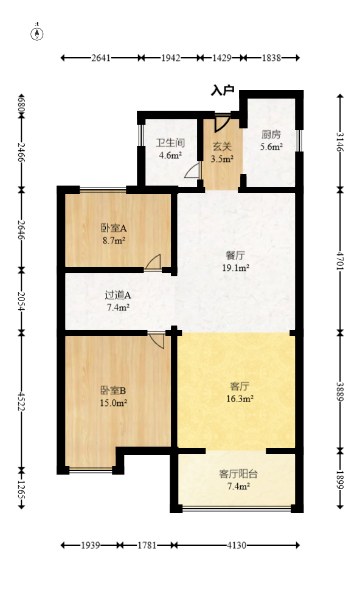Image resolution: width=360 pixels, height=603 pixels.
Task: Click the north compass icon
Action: [38, 33]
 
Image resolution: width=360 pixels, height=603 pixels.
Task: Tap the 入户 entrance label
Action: [222, 91]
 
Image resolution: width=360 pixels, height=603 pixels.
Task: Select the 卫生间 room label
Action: [170, 144]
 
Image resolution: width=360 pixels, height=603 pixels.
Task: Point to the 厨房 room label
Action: [271, 134]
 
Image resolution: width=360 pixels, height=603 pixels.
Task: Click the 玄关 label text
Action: [222, 147]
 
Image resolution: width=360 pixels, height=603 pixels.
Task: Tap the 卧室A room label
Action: [114, 229]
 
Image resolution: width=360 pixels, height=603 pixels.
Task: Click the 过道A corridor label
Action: [118, 295]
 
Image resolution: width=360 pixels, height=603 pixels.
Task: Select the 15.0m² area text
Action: [114, 402]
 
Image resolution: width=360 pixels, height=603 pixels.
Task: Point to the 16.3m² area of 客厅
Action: [241, 399]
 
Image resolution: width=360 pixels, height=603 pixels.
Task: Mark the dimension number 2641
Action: [101, 58]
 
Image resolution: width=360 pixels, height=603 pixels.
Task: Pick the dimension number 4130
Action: [237, 545]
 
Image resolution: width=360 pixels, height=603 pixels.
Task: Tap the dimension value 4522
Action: [21, 399]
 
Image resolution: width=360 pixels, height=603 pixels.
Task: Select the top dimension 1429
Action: [221, 58]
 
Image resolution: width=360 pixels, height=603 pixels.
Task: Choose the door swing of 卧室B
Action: [157, 340]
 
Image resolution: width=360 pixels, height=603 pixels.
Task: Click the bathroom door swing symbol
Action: [192, 171]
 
